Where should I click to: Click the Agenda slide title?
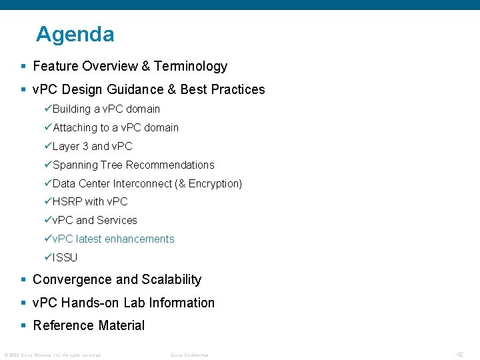pos(75,35)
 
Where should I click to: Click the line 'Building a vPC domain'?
pos(106,109)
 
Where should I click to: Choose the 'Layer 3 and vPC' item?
pos(92,146)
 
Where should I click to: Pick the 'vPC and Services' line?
pos(95,220)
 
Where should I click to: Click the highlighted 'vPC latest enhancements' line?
pos(113,239)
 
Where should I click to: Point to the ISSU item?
pos(65,257)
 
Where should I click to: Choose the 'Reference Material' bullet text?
pos(89,325)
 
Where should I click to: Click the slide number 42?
pos(459,354)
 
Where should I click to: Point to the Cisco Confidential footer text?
pos(189,355)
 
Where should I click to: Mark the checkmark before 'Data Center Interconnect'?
pos(48,183)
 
